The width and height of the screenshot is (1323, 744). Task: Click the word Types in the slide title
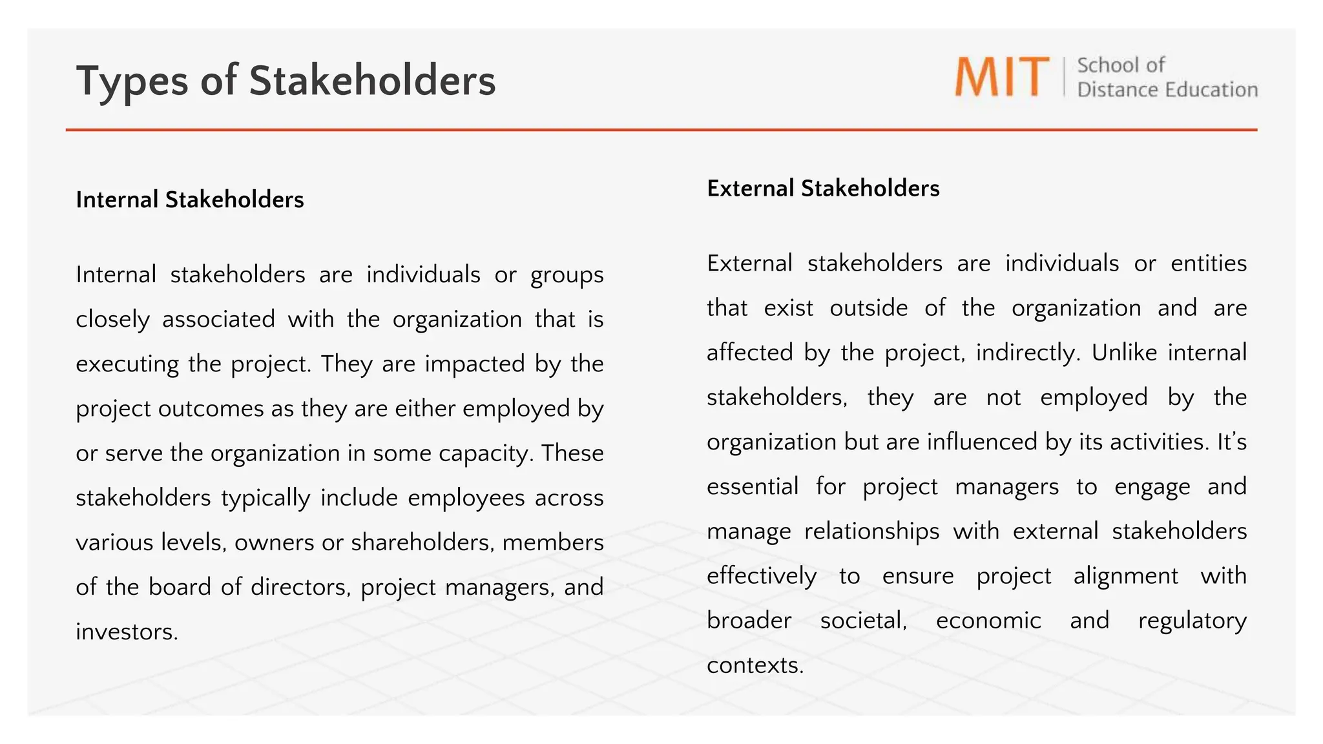coord(132,82)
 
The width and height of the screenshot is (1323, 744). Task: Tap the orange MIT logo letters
coord(1002,77)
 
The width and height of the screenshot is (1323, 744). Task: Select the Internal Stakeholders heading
coord(189,200)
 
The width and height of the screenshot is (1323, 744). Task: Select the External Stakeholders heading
coord(823,188)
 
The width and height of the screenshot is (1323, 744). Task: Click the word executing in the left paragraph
coord(127,364)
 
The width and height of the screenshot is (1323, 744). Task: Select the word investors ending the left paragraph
coord(127,632)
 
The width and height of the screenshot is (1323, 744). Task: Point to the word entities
coord(1208,263)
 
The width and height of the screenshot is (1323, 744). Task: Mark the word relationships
coord(871,531)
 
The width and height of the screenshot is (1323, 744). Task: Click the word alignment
coord(1125,575)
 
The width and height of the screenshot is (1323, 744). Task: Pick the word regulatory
coord(1192,621)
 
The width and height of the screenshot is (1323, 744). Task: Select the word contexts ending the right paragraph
coord(755,665)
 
